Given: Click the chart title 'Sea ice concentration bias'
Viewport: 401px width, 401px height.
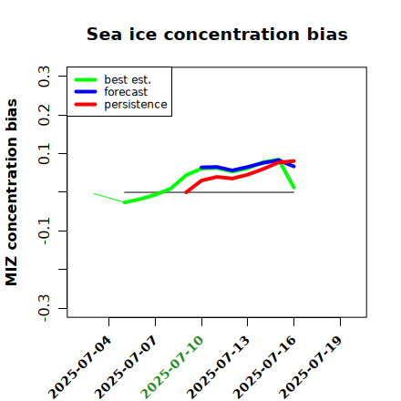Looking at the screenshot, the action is pos(217,34).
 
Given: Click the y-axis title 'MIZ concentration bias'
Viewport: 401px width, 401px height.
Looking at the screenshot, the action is pos(12,192).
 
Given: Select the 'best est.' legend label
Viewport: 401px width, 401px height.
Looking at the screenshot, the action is pos(128,79).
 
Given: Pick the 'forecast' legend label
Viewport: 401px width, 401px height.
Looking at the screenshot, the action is pos(126,92).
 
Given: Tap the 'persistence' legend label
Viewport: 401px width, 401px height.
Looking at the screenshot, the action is pos(136,105).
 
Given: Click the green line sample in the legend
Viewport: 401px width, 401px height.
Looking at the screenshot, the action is pos(86,79).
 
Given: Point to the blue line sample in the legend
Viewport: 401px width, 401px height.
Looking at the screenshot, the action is pos(86,92).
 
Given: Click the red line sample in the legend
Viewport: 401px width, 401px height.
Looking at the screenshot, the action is pos(86,105).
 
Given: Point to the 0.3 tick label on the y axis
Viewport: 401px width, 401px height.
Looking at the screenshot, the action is pos(44,77).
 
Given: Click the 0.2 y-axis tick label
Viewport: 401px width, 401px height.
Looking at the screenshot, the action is pos(44,115).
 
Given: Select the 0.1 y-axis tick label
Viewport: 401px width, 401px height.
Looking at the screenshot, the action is pos(44,154).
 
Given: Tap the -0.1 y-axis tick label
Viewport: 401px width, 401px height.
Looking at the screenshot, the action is pos(44,231).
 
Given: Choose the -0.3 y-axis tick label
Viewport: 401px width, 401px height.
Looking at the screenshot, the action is pos(44,308).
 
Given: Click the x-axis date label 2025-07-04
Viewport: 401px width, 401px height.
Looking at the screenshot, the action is pos(79,367).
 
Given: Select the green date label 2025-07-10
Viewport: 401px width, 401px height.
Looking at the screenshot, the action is pos(172,367).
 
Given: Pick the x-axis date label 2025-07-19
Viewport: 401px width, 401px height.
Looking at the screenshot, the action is pos(311,367).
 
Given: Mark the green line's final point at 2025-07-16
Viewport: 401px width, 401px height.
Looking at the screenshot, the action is pos(293,188).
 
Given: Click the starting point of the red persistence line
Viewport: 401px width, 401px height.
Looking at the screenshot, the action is pos(186,192).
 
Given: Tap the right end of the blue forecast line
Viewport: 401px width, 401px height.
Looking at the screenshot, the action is pos(293,166).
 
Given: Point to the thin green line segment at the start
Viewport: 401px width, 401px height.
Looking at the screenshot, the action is pos(108,198).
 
